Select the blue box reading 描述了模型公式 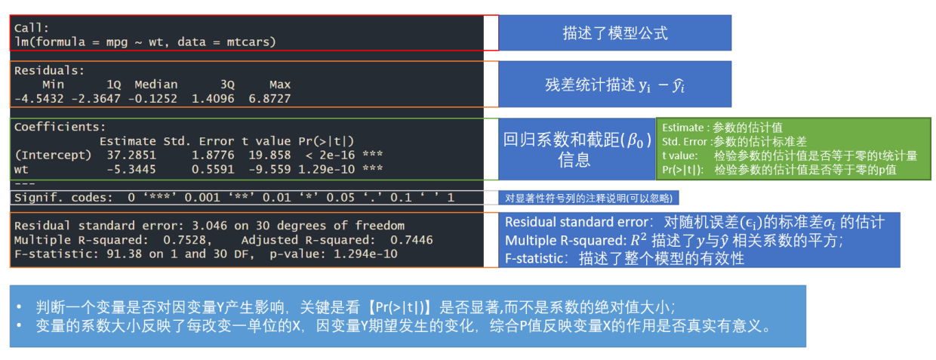coord(614,33)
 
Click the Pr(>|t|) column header coord(326,141)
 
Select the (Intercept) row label coord(50,155)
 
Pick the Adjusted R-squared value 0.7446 coord(411,240)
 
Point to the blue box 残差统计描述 coord(614,85)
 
